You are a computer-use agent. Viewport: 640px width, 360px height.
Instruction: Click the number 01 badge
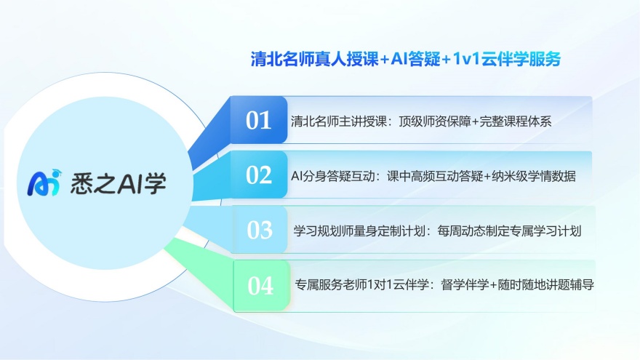pyautogui.click(x=259, y=121)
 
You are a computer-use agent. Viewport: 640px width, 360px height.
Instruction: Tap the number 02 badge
pyautogui.click(x=259, y=175)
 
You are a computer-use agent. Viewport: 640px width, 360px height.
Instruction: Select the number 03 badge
pyautogui.click(x=260, y=230)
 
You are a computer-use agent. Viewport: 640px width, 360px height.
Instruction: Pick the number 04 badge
pyautogui.click(x=260, y=286)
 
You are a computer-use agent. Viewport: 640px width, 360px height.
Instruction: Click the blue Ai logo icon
pyautogui.click(x=43, y=184)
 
